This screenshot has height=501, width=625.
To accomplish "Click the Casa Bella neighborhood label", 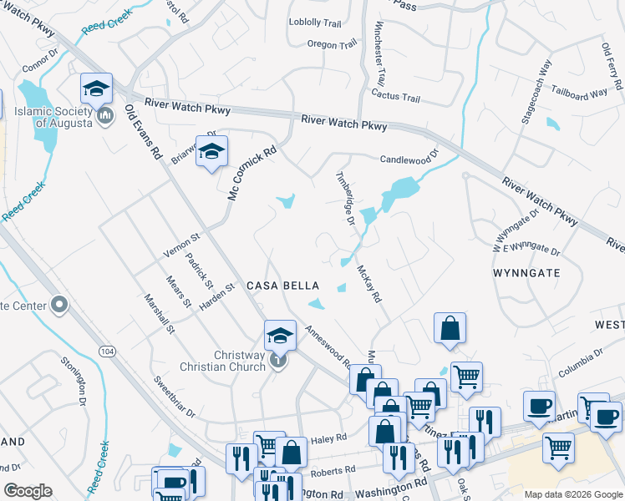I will pyautogui.click(x=282, y=286).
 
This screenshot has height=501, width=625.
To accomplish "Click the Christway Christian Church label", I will pyautogui.click(x=227, y=361).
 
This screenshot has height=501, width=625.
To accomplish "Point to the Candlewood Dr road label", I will pyautogui.click(x=409, y=159).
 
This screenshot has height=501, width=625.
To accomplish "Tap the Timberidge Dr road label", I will pyautogui.click(x=346, y=200).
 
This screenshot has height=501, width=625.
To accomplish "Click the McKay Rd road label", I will pyautogui.click(x=368, y=284).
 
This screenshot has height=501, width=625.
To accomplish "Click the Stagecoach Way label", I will pyautogui.click(x=536, y=92).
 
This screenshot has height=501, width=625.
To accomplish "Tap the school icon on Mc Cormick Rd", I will pyautogui.click(x=211, y=152).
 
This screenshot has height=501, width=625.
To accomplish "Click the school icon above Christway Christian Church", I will pyautogui.click(x=281, y=337).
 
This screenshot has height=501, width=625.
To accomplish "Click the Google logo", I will pyautogui.click(x=28, y=491).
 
